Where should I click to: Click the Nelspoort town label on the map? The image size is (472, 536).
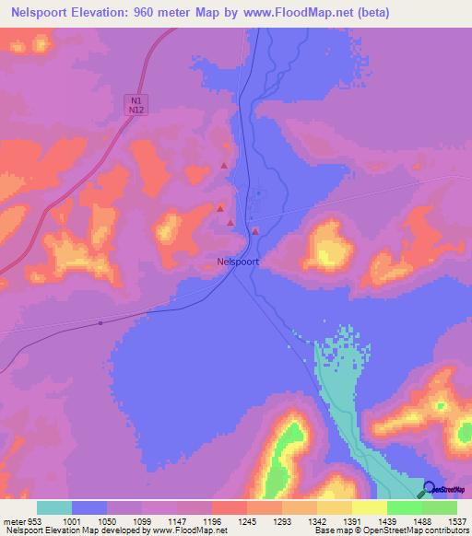pyautogui.click(x=238, y=261)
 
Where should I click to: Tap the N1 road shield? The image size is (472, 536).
pyautogui.click(x=136, y=99)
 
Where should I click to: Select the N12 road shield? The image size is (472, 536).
pyautogui.click(x=136, y=110)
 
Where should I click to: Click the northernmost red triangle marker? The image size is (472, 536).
pyautogui.click(x=223, y=166)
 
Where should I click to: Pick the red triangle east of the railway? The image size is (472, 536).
pyautogui.click(x=255, y=231)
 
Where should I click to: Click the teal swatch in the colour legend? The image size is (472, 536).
pyautogui.click(x=54, y=507)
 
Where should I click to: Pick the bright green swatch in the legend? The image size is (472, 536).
pyautogui.click(x=404, y=507)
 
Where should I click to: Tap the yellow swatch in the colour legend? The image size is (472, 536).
pyautogui.click(x=369, y=507)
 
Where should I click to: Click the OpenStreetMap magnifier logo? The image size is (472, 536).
pyautogui.click(x=430, y=488)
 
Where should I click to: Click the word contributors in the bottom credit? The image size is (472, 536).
pyautogui.click(x=444, y=531)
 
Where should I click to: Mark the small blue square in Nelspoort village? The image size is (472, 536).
pyautogui.click(x=258, y=192)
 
